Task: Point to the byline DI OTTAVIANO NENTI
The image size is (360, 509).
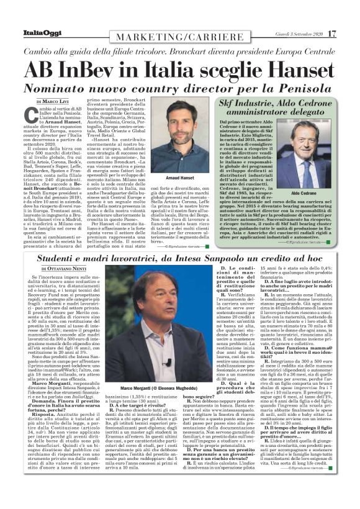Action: tap(59, 271)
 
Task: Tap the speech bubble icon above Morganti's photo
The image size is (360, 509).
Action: tap(168, 275)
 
